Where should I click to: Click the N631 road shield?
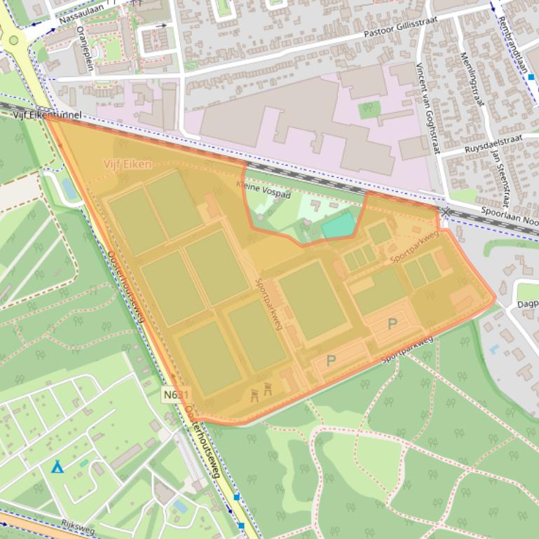[177, 395]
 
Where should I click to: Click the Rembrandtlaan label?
[514, 41]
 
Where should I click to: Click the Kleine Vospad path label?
[263, 189]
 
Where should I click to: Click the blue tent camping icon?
[57, 466]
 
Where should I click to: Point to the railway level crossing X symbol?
[446, 211]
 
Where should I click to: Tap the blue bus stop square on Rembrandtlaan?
[531, 77]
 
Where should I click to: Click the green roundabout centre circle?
[13, 40]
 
